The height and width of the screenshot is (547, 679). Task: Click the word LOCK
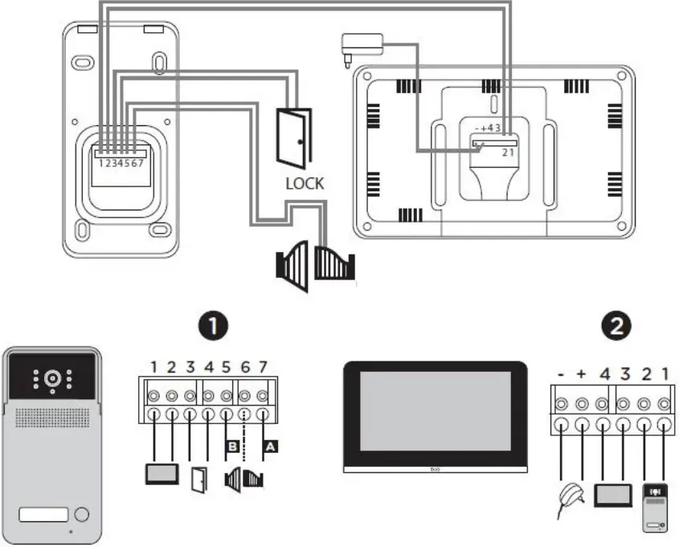tap(305, 183)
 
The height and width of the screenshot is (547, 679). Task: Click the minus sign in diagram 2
tap(562, 374)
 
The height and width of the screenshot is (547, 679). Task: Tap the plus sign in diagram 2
tap(583, 374)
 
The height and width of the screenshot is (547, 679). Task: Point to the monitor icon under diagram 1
tap(162, 475)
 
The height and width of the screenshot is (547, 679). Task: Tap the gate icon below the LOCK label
tap(314, 265)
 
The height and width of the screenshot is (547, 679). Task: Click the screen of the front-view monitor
tap(436, 410)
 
